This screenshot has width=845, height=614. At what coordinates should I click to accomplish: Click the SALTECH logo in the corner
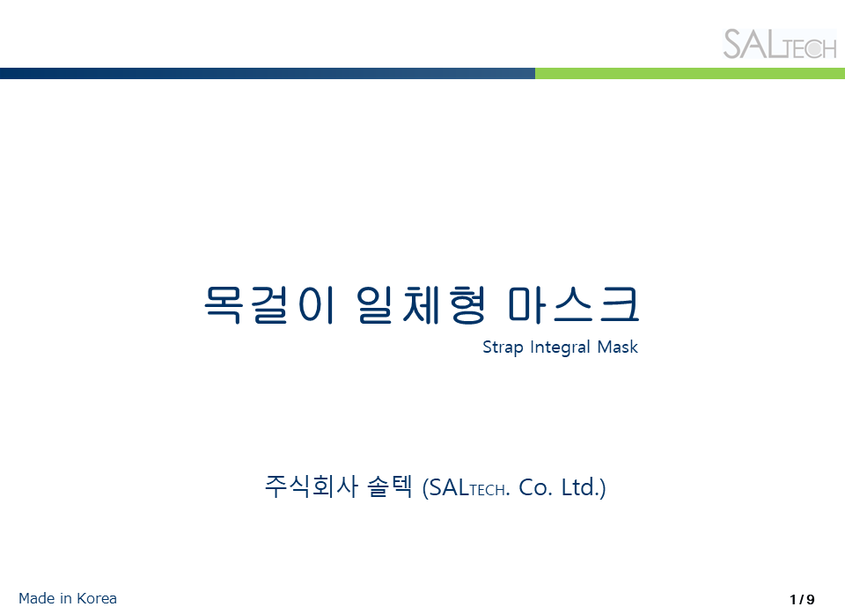(779, 44)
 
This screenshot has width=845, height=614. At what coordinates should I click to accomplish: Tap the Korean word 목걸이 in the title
(270, 305)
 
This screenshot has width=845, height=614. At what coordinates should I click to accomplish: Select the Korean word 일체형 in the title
(422, 305)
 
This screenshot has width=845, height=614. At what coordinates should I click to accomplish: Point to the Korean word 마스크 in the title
(573, 305)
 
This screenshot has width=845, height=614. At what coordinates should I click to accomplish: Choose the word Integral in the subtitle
(561, 347)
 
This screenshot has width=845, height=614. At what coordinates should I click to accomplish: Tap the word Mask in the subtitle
(618, 347)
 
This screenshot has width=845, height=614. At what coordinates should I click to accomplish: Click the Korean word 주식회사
(312, 486)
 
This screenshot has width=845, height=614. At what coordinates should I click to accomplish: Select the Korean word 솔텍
(390, 486)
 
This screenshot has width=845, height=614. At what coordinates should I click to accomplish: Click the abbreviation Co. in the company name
(536, 487)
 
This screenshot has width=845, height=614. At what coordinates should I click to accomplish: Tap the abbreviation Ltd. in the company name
(580, 487)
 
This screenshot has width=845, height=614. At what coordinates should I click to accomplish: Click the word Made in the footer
(37, 598)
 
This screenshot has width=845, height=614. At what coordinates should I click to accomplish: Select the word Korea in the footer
(97, 598)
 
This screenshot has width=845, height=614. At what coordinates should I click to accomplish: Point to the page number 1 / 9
(803, 599)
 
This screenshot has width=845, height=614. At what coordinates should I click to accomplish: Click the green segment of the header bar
(690, 73)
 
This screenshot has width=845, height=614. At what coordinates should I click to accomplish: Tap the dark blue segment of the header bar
(268, 73)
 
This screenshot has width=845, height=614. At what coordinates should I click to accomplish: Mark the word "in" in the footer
(66, 598)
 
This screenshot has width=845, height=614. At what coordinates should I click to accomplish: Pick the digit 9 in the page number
(811, 599)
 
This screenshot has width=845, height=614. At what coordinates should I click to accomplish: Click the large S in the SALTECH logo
(733, 44)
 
